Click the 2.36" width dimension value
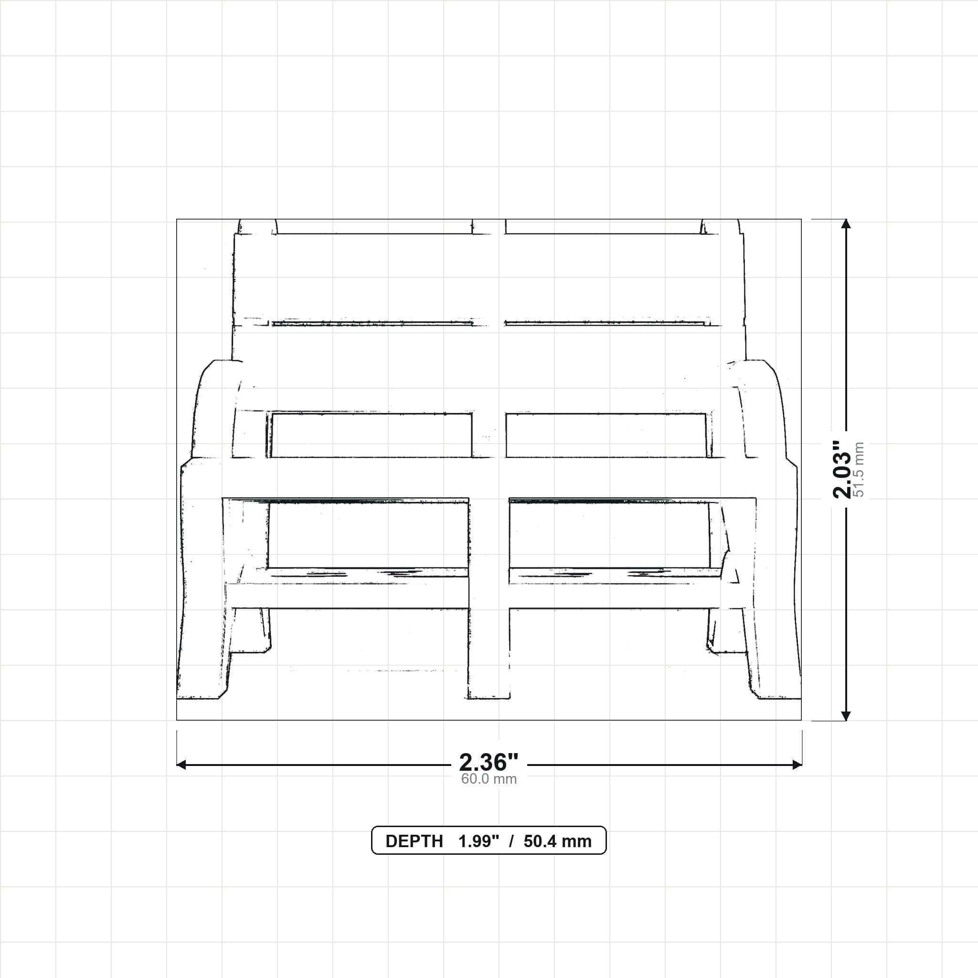pos(489,762)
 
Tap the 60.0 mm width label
pos(489,779)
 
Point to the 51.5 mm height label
pos(859,469)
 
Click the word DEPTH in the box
pos(414,841)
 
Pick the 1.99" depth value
pos(479,841)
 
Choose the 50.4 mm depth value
pos(557,841)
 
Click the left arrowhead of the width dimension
pos(181,765)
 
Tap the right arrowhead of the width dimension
pos(797,765)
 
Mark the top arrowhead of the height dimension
pos(845,224)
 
